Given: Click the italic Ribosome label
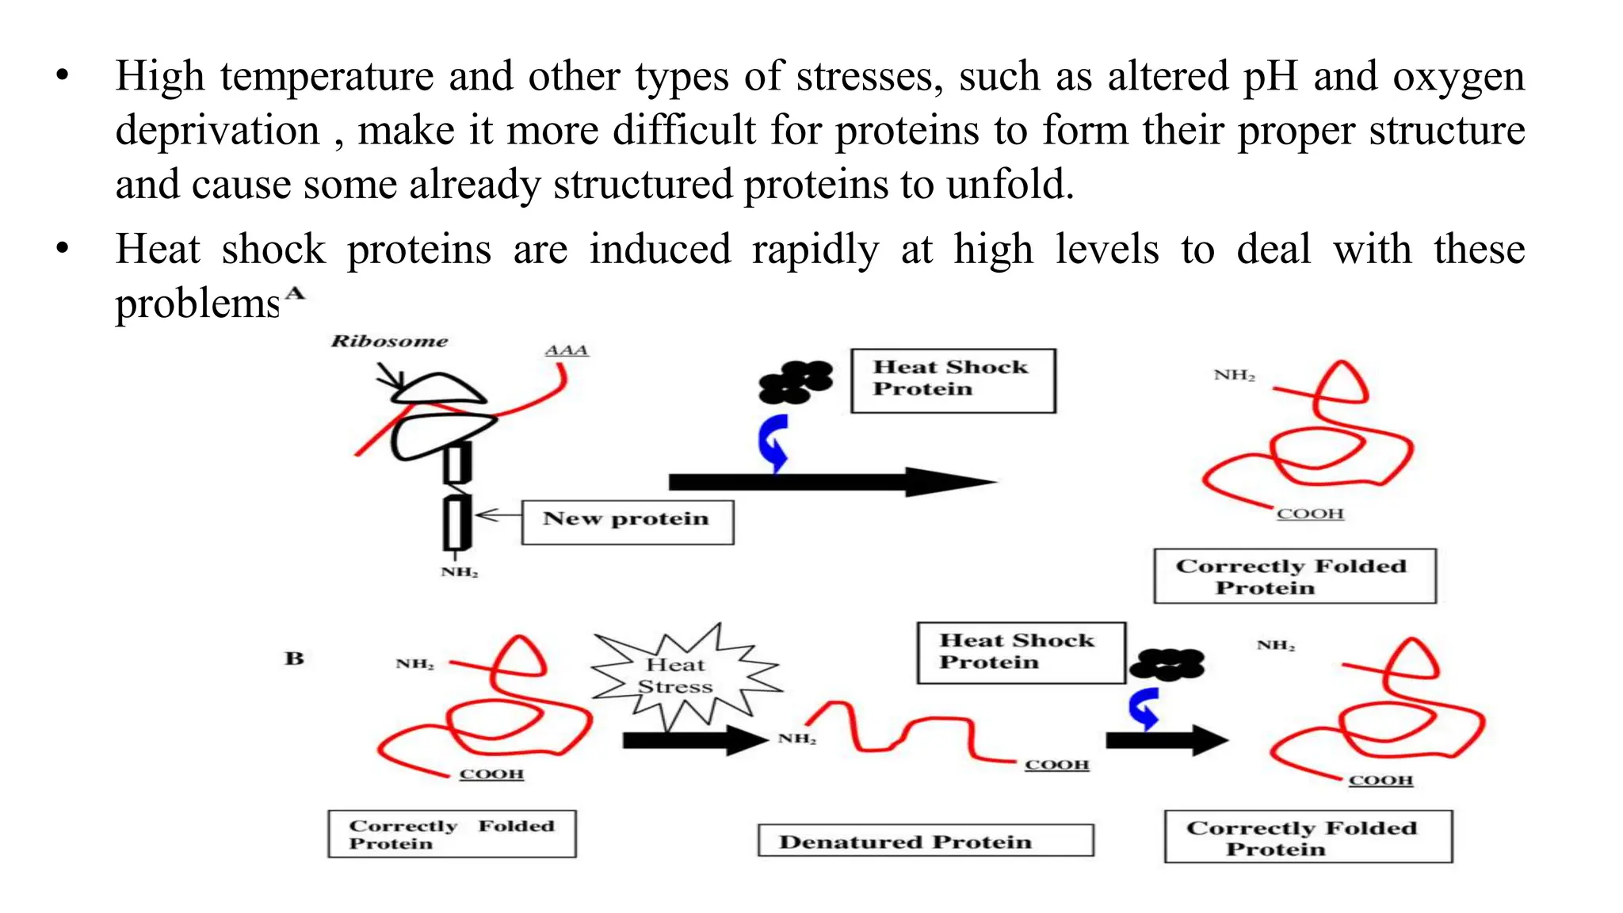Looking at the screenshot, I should (389, 342).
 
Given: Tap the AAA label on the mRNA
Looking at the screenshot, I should (567, 350).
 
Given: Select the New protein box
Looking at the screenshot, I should (627, 521).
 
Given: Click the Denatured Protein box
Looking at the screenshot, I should (925, 841).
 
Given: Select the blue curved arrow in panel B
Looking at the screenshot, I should (1144, 708).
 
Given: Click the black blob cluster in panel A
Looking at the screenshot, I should (795, 382).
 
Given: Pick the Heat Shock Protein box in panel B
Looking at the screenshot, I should (1021, 652).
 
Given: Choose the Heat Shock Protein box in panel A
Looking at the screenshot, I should (953, 380).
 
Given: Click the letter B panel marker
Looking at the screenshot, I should (294, 659).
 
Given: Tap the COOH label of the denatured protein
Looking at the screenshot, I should (1057, 765).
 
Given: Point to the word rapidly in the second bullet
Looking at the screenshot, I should (815, 250).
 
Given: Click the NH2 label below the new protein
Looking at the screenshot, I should (460, 572).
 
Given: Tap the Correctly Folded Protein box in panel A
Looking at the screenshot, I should (1294, 576).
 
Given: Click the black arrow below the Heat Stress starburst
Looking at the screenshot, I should (693, 741).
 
